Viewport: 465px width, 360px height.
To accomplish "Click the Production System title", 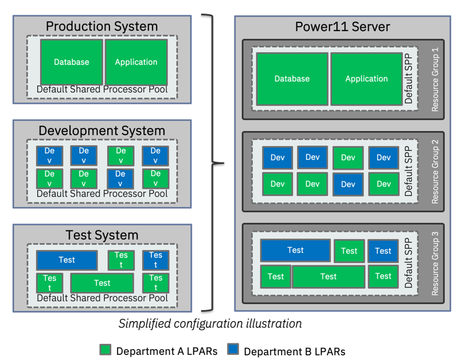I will coord(101,26).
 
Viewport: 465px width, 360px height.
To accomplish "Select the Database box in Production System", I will coord(72,62).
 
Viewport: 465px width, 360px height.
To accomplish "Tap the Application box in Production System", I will coord(136,62).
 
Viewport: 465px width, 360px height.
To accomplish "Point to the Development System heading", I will coord(101,131).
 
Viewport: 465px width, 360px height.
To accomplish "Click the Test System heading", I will coord(101,235).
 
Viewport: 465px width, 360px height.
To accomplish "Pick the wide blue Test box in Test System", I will coord(67,260).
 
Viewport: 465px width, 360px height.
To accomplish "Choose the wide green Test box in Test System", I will coord(102,283).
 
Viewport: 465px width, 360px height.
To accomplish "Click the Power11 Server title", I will coord(342,26).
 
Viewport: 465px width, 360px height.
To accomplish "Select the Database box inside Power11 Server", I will coord(292,79).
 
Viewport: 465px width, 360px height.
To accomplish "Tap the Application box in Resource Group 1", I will coord(366,79).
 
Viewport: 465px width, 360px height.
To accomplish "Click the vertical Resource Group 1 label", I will coord(435,79).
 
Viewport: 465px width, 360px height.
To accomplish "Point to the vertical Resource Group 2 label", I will coord(435,171).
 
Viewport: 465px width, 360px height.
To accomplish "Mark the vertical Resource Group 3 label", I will coord(435,263).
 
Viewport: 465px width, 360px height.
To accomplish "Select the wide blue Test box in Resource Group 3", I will coord(295,251).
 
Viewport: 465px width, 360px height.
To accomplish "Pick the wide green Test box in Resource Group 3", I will coord(328,277).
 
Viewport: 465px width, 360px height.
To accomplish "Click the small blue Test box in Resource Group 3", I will coord(383,251).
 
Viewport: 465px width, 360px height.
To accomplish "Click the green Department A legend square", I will coord(105,350).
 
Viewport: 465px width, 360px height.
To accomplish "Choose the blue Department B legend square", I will coord(233,350).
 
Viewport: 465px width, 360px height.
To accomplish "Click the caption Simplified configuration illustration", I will coord(210,324).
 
